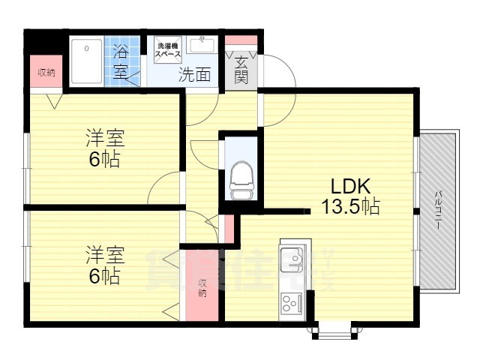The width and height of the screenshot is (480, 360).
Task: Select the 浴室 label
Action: coord(121,62)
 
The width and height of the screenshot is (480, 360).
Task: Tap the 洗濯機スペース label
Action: coord(168,49)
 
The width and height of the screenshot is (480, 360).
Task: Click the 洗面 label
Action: coord(193,74)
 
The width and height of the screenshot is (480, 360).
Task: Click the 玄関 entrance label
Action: coord(241,70)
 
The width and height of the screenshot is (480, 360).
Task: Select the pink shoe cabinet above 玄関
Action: coord(241,41)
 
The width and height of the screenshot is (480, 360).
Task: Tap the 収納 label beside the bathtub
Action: coord(46,73)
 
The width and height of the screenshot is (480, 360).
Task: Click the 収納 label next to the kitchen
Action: coord(202,289)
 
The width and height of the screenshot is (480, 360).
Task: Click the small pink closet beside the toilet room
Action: coord(229,229)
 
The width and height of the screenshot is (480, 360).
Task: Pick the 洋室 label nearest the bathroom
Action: coord(104,139)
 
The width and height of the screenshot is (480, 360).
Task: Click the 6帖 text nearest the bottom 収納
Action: coord(104,275)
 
